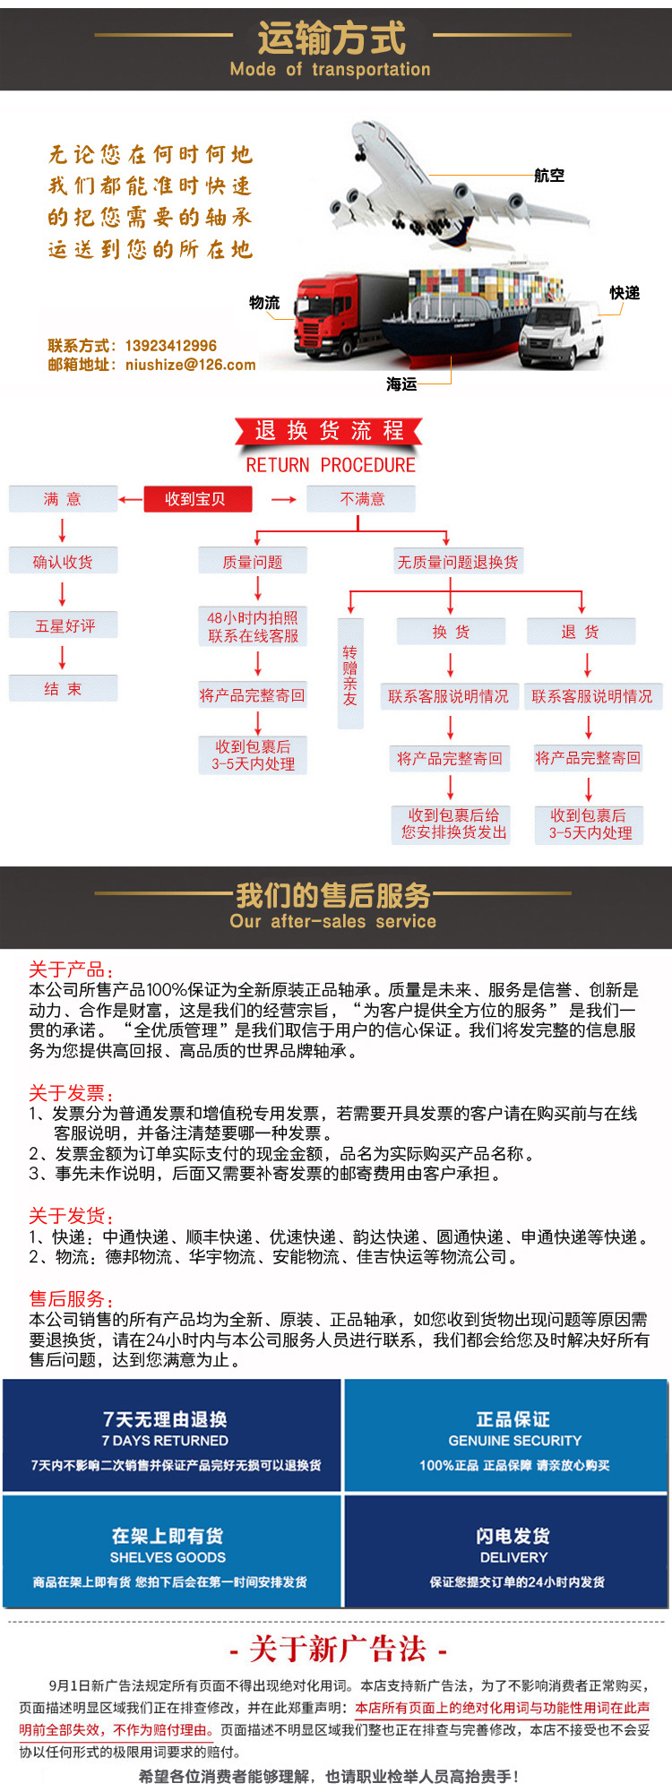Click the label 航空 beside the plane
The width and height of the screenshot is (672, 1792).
[549, 176]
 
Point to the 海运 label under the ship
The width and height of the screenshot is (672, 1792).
[401, 384]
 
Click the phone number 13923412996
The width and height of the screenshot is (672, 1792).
[170, 346]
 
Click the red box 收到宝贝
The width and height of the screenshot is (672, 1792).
[197, 499]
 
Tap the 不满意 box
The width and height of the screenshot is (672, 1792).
[361, 499]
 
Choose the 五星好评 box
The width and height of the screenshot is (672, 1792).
[64, 625]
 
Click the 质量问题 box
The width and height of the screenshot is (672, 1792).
[253, 562]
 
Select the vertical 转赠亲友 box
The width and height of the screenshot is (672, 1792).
[349, 674]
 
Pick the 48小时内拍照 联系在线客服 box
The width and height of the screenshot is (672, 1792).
[253, 627]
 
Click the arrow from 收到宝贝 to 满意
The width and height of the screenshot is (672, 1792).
[131, 500]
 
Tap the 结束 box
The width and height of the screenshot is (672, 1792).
[63, 688]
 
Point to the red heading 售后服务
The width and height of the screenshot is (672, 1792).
[70, 1298]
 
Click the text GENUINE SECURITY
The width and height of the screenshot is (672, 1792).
[514, 1441]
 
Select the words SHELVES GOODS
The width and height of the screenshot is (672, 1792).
[168, 1557]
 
